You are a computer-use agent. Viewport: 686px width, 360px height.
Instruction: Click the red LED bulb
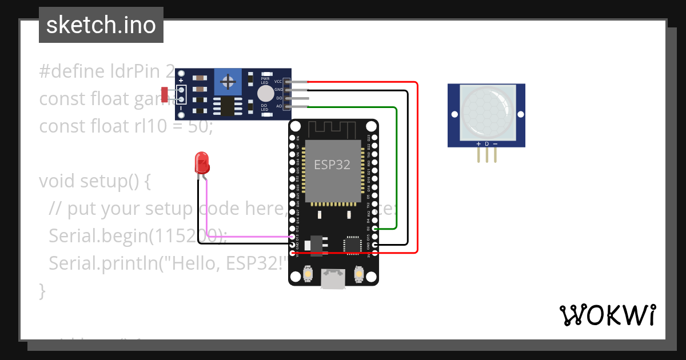coord(202,163)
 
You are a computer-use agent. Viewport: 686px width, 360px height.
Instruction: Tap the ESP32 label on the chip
coord(332,165)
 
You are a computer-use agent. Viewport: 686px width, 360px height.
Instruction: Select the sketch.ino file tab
coord(101,25)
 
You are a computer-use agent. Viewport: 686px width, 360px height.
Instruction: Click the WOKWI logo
coord(608,315)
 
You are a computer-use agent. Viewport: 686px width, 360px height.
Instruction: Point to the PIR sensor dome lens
coord(486,111)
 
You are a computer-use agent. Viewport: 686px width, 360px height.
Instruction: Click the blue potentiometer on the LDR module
coord(228,82)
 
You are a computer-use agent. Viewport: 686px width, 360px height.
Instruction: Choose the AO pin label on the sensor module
coord(279,106)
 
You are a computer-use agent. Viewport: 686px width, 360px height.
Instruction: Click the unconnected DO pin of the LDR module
coord(297,98)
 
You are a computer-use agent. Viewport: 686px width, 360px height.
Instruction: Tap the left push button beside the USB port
coord(308,274)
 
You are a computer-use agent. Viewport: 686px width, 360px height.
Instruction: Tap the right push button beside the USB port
coord(359,274)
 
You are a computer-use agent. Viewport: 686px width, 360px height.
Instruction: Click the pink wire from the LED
coord(246,237)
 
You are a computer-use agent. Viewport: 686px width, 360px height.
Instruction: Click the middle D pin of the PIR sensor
coord(486,153)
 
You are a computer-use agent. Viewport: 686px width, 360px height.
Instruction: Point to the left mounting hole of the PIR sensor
coord(454,115)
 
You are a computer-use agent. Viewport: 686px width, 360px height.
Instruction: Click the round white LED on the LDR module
coord(265,94)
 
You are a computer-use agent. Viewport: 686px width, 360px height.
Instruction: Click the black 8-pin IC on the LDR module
coord(228,105)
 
